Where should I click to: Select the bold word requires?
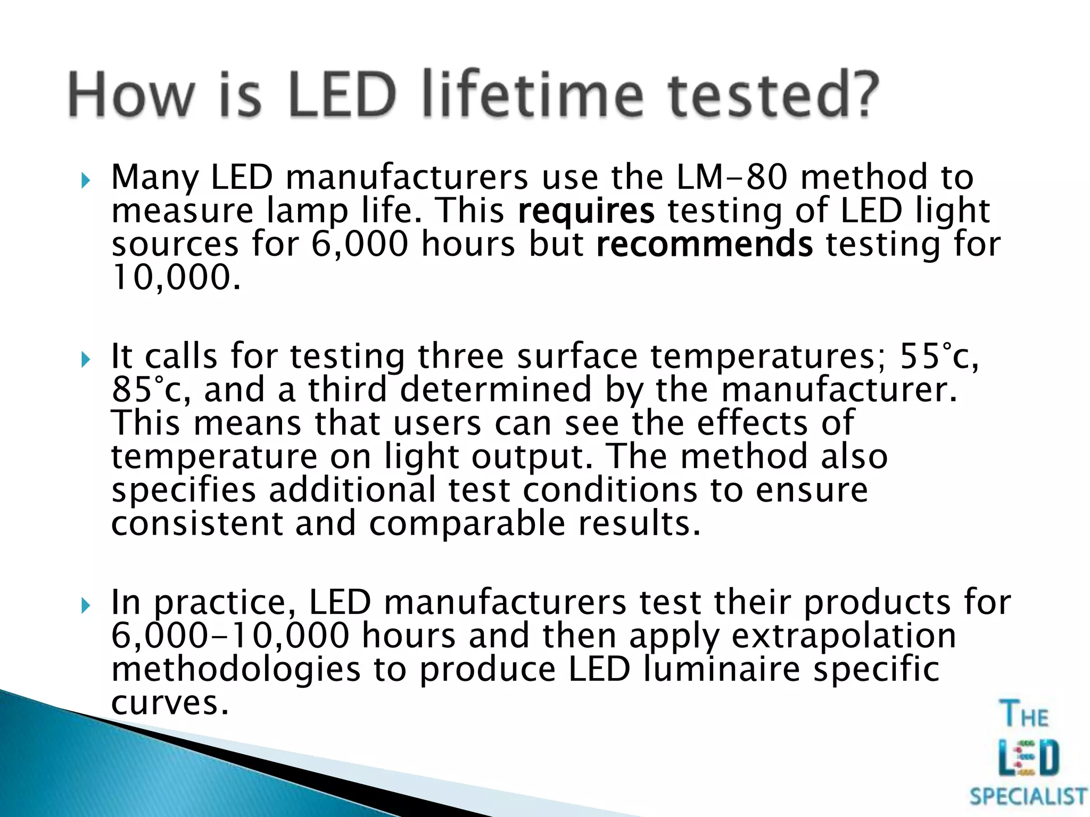[x=586, y=211]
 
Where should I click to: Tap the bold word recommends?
[x=704, y=245]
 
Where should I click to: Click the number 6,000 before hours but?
[x=360, y=245]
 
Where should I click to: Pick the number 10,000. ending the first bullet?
[x=176, y=278]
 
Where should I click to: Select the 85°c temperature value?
[x=150, y=390]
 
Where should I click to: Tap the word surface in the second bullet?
[x=577, y=356]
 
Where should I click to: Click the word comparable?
[x=467, y=524]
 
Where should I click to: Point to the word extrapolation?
[x=844, y=636]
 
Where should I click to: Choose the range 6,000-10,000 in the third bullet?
[x=230, y=636]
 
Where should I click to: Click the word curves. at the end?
[x=170, y=703]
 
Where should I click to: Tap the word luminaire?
[x=722, y=669]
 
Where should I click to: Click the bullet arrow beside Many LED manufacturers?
[x=86, y=181]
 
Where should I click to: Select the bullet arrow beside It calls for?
[x=86, y=360]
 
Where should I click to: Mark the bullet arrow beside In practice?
[x=86, y=606]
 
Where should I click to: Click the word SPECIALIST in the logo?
[x=1028, y=797]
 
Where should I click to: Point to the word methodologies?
[x=236, y=669]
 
